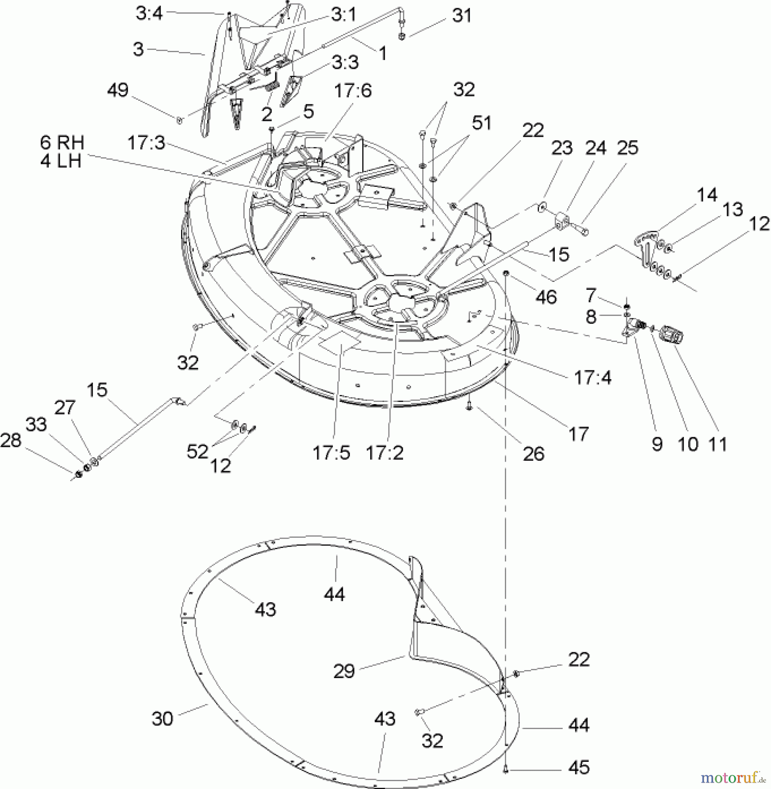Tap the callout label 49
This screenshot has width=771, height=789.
click(x=118, y=91)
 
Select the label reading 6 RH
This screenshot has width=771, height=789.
click(x=62, y=142)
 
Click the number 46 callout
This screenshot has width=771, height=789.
click(x=546, y=297)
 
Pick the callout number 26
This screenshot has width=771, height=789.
click(x=533, y=454)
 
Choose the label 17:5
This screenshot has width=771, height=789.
click(x=331, y=453)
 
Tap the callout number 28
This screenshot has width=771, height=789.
click(x=11, y=441)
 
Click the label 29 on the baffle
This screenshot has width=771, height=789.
click(x=343, y=671)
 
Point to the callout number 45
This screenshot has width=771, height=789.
click(x=579, y=768)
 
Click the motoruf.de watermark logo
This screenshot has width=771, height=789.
click(x=732, y=778)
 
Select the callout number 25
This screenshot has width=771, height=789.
click(x=627, y=148)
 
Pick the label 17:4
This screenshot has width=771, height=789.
click(x=593, y=377)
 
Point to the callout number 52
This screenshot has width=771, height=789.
click(x=197, y=451)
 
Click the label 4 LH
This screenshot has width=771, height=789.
click(x=61, y=161)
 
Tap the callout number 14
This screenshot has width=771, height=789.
click(x=707, y=195)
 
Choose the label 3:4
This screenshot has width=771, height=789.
click(x=149, y=14)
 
